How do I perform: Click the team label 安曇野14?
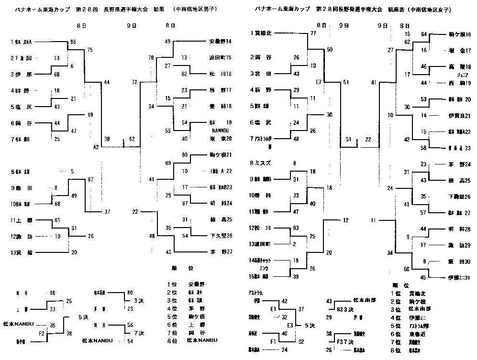coord(220,42)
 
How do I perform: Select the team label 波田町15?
coord(220,57)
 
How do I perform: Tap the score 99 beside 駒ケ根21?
coord(185,154)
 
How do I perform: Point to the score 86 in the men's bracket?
coord(73,42)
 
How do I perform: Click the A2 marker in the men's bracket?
coord(96,147)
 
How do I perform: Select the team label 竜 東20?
coord(220,139)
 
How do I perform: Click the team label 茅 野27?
coord(220,251)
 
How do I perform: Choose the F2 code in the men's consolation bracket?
coord(42,333)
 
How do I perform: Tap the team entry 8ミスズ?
coord(261,163)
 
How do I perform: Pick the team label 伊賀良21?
coord(459,115)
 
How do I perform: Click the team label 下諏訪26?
coord(459,196)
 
